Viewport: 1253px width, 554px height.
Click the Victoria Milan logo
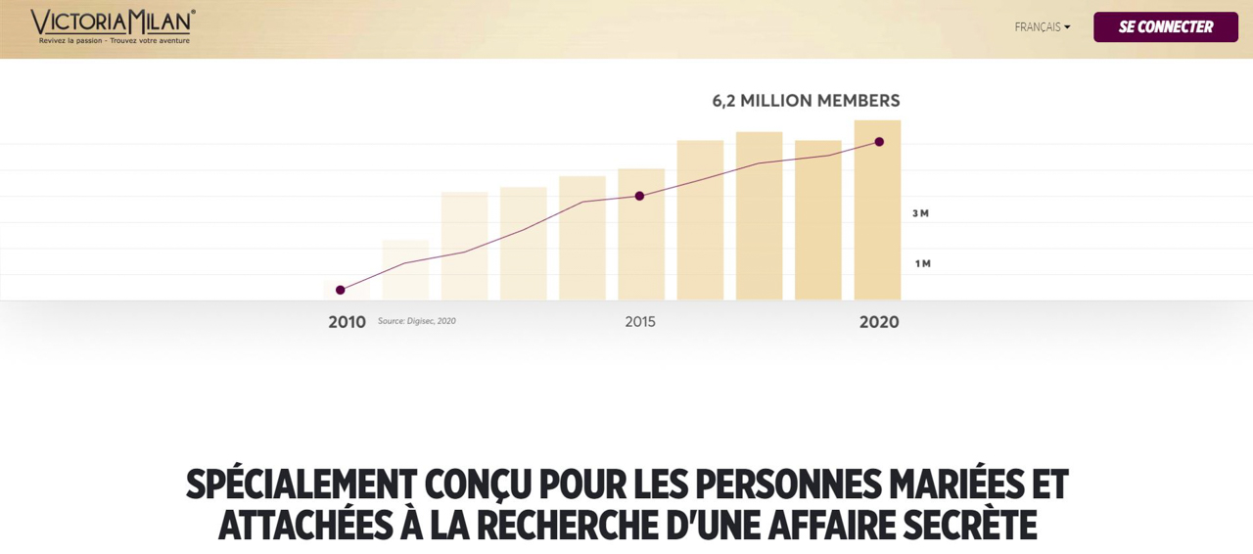coord(113,22)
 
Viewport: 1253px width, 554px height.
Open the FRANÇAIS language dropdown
coord(1042,27)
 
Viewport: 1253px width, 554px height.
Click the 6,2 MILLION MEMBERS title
coord(806,101)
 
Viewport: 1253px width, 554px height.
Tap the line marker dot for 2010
coord(341,290)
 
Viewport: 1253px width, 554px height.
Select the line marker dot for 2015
coord(639,196)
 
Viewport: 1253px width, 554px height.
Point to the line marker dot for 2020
coord(879,142)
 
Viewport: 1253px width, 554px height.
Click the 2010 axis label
coord(347,322)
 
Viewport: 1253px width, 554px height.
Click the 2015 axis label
coord(640,322)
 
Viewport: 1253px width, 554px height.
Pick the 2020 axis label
coord(879,322)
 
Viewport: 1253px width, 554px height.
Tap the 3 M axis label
coord(920,213)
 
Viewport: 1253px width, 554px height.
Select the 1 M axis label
coord(922,263)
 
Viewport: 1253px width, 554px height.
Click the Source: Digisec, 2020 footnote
coord(417,321)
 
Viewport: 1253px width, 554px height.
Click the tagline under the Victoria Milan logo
coord(115,41)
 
